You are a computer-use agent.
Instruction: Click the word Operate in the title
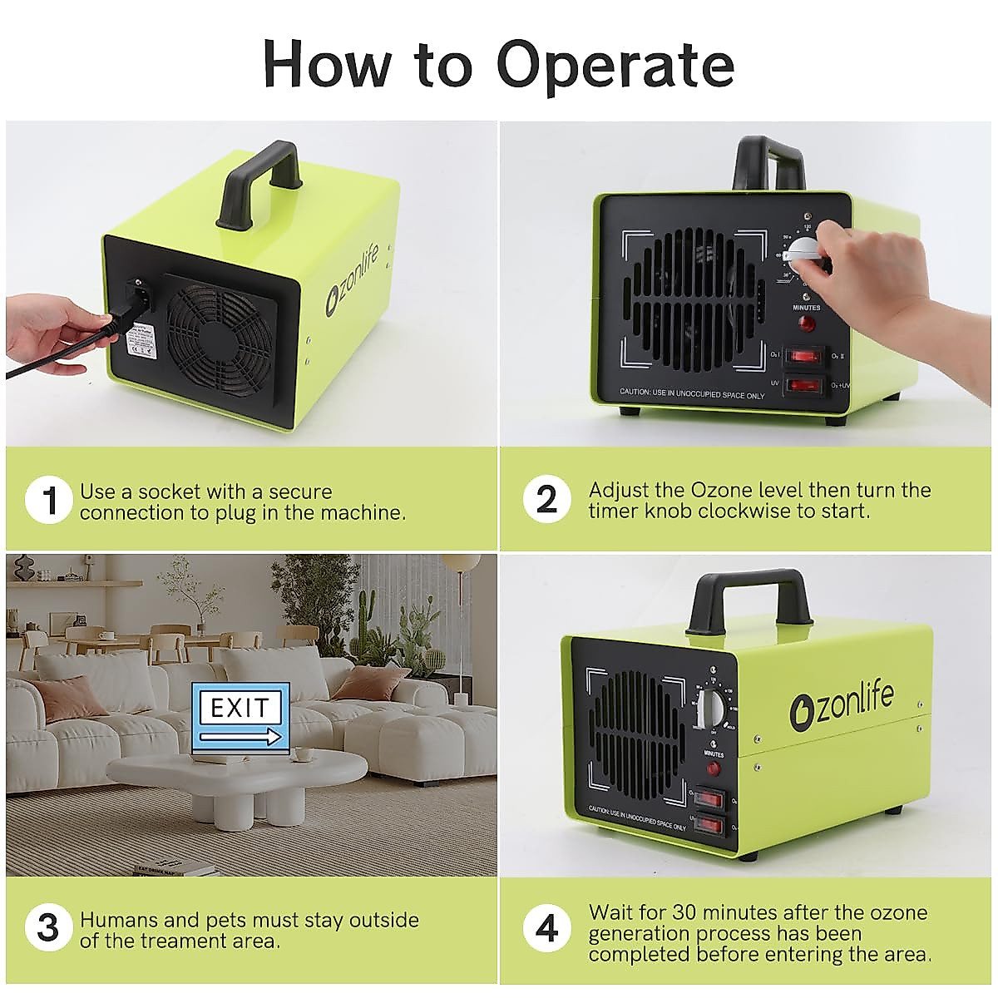616,65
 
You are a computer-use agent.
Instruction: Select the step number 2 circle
546,499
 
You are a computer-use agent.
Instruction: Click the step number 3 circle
49,927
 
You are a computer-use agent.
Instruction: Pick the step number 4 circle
546,927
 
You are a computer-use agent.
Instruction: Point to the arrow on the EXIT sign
241,736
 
